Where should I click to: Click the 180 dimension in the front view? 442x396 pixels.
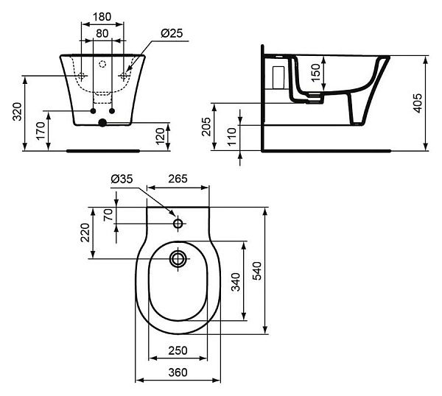click(102, 16)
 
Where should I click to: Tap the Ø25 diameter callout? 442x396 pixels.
click(172, 33)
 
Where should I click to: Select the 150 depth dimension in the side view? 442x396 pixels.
click(316, 73)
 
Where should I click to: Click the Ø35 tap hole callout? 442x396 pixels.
click(121, 178)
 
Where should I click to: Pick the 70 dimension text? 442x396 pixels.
click(108, 215)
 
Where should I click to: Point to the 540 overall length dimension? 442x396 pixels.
click(257, 272)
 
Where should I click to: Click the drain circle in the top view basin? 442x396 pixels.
click(178, 258)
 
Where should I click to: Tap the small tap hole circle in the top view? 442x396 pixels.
click(178, 223)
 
